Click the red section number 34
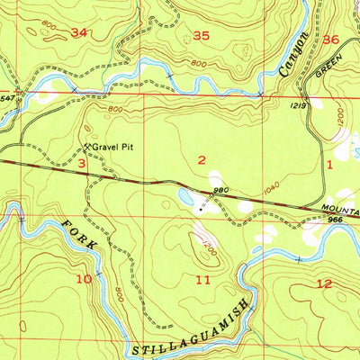click(x=80, y=33)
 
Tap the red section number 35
click(x=202, y=36)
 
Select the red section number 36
click(x=331, y=40)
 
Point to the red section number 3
click(x=81, y=163)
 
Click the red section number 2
click(x=203, y=159)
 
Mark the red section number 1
click(x=330, y=165)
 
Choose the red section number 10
click(x=84, y=279)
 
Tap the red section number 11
click(x=204, y=282)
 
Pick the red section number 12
click(x=325, y=283)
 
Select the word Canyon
click(x=294, y=53)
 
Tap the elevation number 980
click(x=221, y=190)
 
